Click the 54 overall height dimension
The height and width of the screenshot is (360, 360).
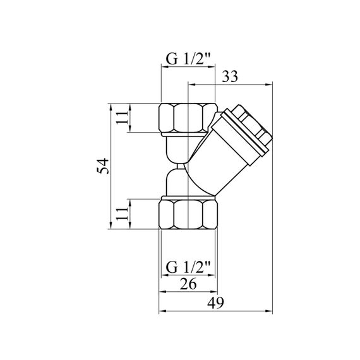(x=102, y=165)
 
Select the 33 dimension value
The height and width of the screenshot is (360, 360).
(x=230, y=76)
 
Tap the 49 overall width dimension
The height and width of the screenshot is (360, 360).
(x=215, y=303)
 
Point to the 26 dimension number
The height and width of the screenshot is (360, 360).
(x=188, y=284)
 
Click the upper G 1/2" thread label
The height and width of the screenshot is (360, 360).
(x=188, y=59)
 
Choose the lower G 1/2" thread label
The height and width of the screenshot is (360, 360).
(x=188, y=267)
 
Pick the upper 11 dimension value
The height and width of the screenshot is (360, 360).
(x=122, y=117)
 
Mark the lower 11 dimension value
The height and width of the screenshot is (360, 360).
(x=122, y=213)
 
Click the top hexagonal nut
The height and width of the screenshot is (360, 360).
(x=188, y=117)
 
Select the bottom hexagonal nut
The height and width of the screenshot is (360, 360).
(x=188, y=214)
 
